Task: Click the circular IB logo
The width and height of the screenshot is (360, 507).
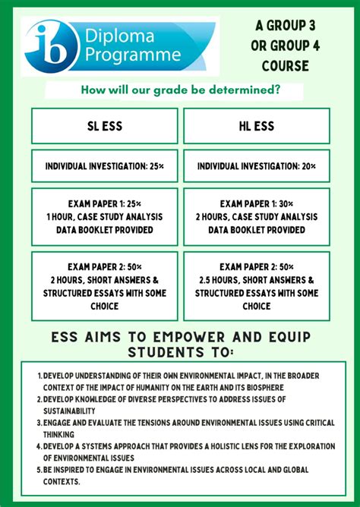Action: pos(51,46)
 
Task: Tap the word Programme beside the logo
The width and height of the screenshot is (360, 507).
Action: pos(134,55)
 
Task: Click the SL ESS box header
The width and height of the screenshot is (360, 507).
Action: pos(105,126)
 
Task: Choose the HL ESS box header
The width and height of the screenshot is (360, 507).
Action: pos(257,126)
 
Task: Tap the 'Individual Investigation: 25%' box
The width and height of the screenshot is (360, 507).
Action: pos(105,166)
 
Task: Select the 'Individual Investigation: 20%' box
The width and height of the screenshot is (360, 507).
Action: pos(257,166)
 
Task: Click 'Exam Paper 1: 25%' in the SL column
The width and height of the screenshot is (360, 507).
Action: pos(105,204)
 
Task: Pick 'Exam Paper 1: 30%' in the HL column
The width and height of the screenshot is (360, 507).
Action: pos(257,204)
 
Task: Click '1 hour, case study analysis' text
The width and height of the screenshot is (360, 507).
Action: pos(105,217)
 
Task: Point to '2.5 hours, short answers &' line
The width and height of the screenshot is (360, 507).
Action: pos(257,280)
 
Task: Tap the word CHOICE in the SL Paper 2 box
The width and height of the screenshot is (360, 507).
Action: pos(105,306)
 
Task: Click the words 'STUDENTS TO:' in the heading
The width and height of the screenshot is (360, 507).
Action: pos(180,352)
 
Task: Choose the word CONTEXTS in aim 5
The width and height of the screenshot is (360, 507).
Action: pos(61,481)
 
